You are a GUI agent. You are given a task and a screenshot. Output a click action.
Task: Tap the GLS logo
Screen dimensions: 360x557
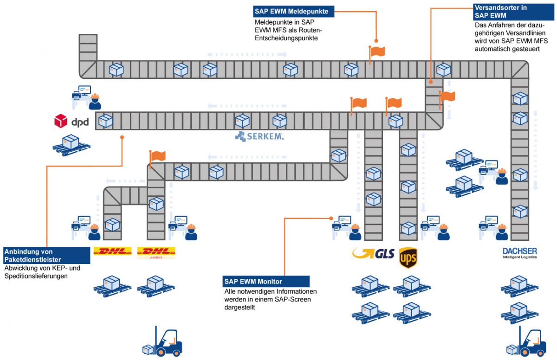374,253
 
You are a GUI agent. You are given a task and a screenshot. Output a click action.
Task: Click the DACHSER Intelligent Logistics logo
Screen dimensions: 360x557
519,253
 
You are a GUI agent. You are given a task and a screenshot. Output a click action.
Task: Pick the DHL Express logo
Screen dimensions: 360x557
156,252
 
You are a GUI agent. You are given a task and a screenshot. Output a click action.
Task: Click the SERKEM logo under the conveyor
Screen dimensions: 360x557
259,136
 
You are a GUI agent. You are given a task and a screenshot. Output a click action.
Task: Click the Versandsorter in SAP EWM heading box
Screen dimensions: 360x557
507,11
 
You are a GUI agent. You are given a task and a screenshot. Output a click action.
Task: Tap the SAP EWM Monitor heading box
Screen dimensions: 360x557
266,281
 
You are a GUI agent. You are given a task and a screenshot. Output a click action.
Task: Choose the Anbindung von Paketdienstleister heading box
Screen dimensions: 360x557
46,256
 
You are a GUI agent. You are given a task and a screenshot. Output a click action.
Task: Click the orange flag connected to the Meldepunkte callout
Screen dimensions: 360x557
377,51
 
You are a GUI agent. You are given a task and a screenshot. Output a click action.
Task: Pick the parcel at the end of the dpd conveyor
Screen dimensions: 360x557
105,121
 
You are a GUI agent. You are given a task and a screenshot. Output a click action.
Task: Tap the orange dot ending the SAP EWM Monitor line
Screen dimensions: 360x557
331,218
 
